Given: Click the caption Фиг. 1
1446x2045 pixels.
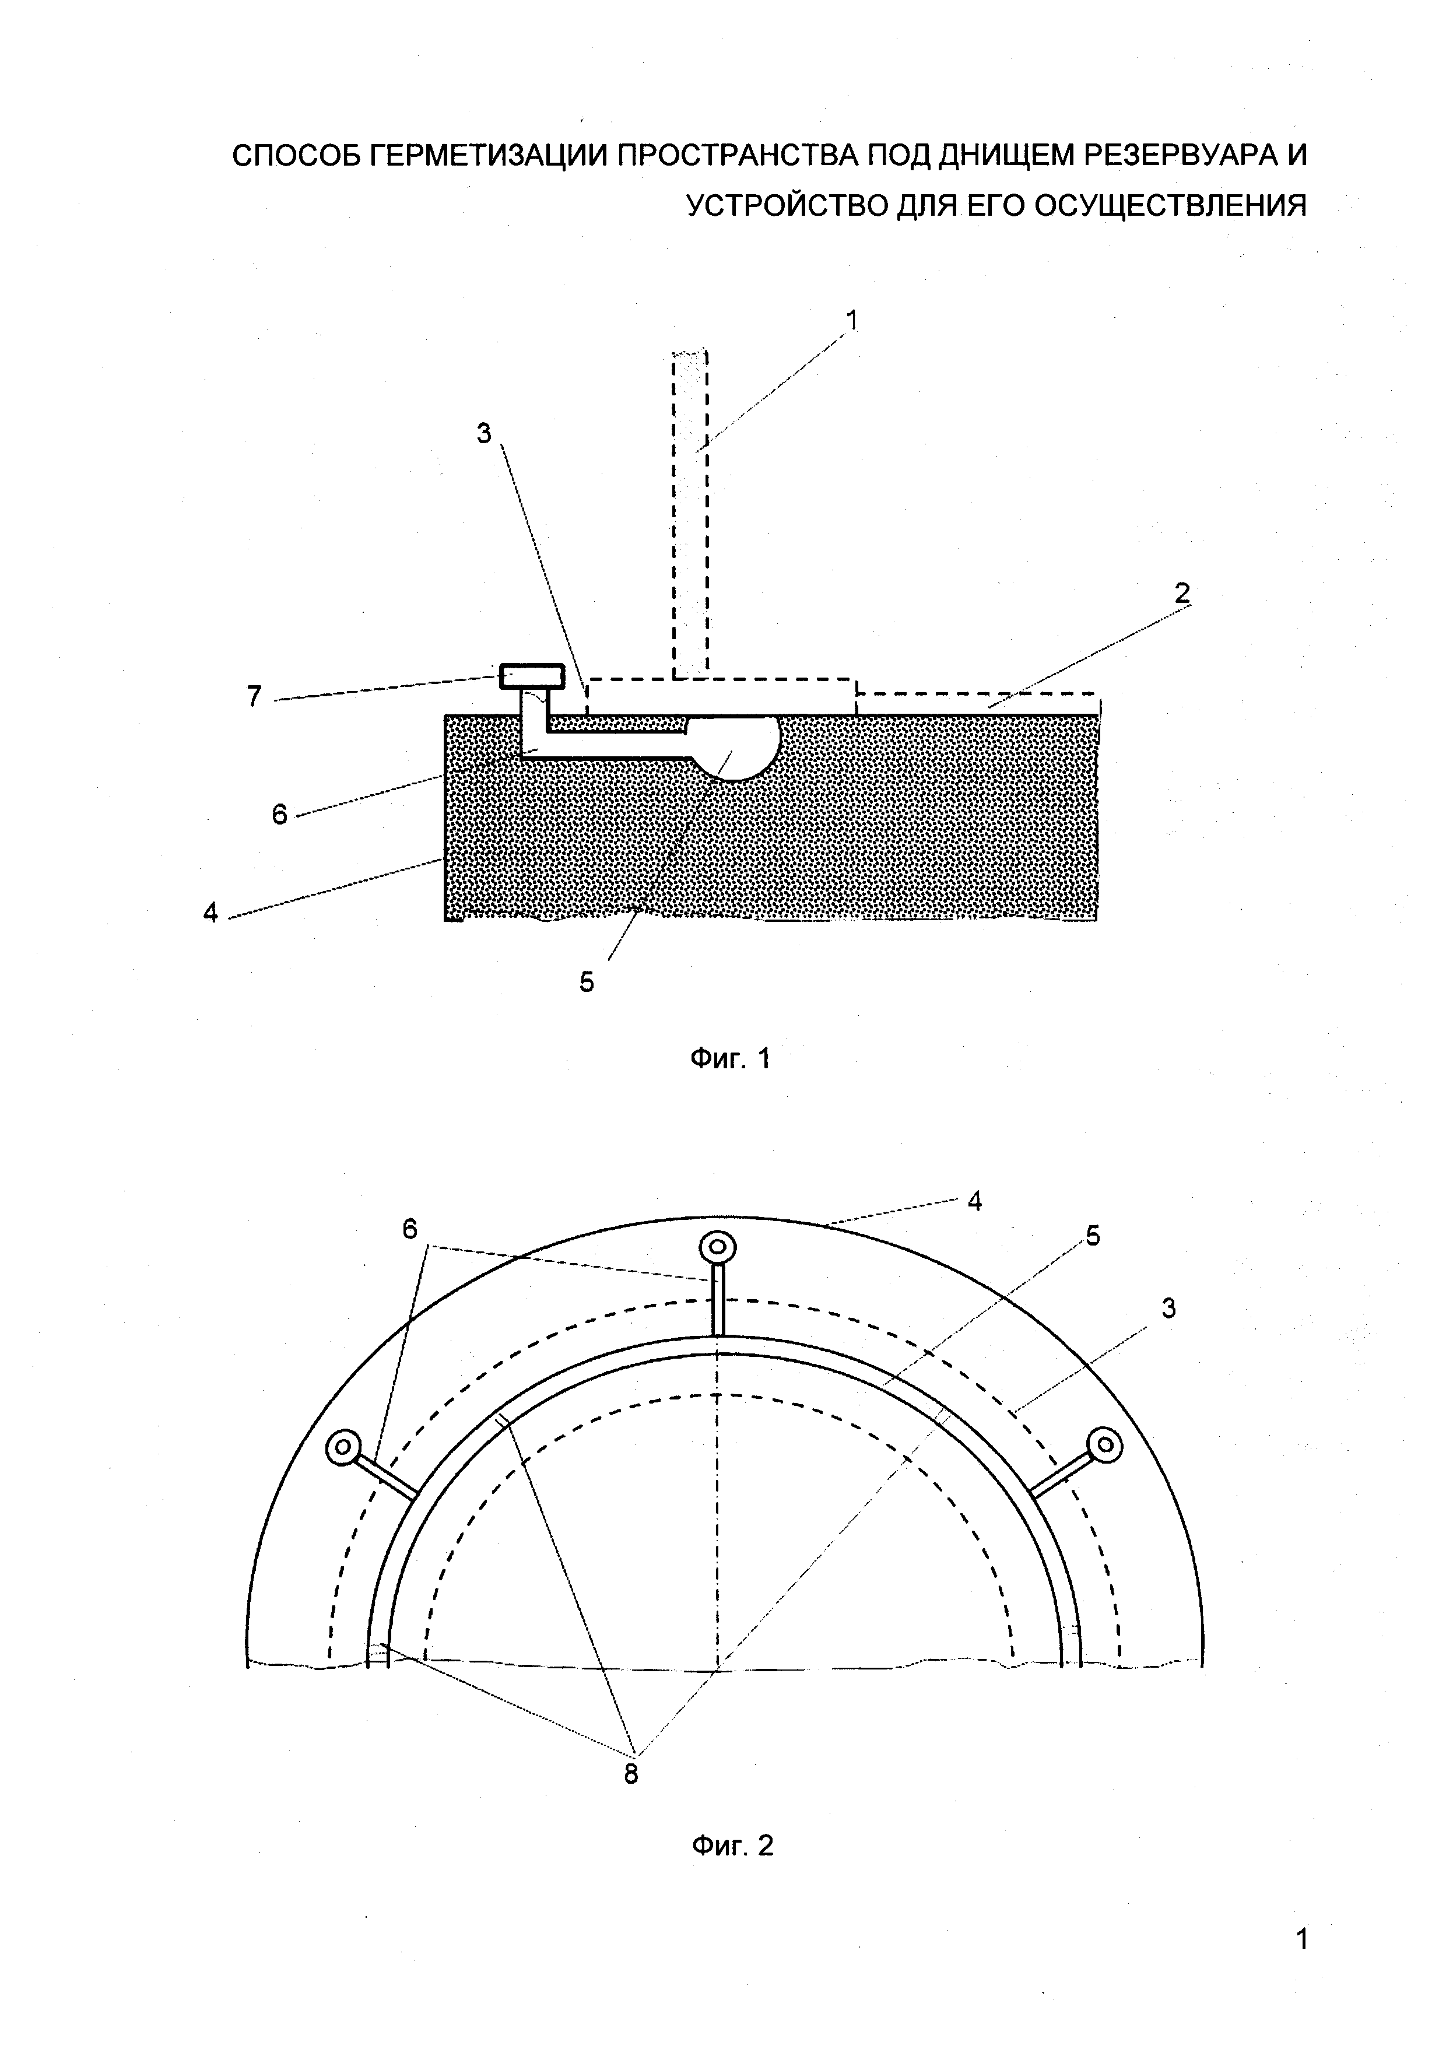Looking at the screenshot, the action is [730, 1058].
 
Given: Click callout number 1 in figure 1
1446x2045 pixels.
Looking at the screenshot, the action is [852, 320].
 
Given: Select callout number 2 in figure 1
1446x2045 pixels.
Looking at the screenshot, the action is [1181, 592].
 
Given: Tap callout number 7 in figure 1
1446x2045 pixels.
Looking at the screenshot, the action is [255, 696].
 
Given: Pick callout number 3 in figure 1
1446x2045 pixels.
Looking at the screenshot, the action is [483, 434].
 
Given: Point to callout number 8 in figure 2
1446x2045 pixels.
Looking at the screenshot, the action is [630, 1773].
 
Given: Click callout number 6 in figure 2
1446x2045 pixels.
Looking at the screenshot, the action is [409, 1229].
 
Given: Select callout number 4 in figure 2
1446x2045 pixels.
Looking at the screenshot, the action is [974, 1202].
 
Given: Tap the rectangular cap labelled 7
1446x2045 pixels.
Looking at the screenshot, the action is [531, 677].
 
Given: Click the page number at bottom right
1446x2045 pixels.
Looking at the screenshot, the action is [1302, 1962].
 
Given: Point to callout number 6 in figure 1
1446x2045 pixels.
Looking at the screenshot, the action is [280, 814].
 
